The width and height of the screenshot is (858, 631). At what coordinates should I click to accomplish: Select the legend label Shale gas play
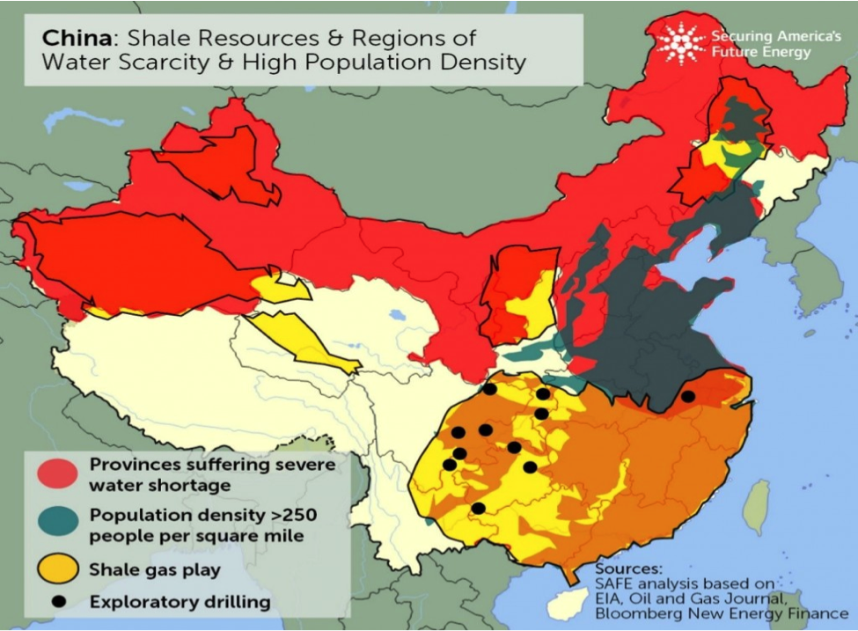[x=155, y=569]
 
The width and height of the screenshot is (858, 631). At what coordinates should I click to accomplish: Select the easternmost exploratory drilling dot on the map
[x=687, y=397]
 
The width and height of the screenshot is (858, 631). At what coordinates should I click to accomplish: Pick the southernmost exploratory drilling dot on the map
[x=478, y=508]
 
